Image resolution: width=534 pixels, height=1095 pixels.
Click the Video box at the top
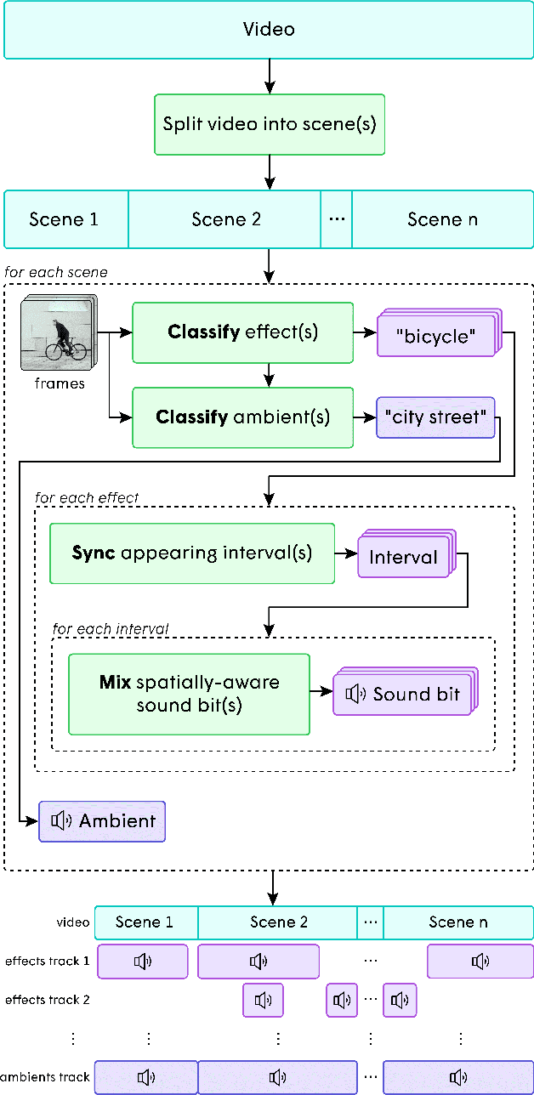coord(269,30)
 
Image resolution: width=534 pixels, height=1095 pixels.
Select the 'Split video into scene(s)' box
coord(270,124)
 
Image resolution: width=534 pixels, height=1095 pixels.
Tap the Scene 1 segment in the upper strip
coord(65,219)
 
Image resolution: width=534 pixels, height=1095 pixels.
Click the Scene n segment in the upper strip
coord(442,219)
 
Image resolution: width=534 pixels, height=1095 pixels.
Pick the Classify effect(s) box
coord(242,332)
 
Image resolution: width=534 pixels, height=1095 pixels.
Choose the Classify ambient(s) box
coord(242,417)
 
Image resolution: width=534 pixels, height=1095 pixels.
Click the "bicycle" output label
coord(435,337)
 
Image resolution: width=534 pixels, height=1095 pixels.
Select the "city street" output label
coord(435,417)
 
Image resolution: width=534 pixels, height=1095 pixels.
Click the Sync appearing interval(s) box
coord(191,553)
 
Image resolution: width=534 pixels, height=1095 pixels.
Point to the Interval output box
coord(403,558)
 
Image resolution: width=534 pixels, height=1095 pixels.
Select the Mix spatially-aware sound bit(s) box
coord(189,694)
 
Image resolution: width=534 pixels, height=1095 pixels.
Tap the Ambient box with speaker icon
coord(102,821)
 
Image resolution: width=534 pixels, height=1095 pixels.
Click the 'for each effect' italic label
coord(87,497)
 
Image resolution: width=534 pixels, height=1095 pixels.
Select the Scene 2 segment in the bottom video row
coord(278,922)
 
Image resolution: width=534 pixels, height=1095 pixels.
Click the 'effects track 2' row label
coord(47,1000)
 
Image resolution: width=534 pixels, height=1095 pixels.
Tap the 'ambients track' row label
coord(45,1077)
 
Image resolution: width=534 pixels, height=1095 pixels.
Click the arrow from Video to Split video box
coord(270,77)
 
